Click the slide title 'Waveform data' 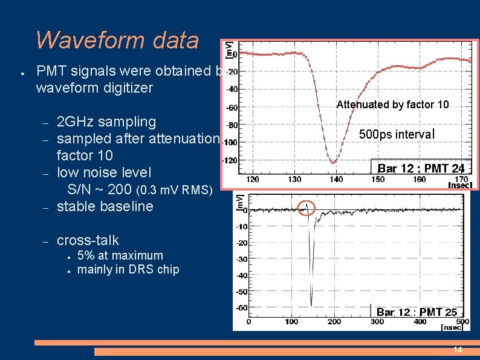click(x=117, y=40)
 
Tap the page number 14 click(x=458, y=350)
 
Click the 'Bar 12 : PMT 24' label click(x=421, y=169)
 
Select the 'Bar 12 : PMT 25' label click(x=417, y=312)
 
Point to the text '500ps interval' click(x=397, y=134)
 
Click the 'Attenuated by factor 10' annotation click(x=392, y=105)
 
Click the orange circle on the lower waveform click(x=307, y=208)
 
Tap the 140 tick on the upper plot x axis click(x=336, y=180)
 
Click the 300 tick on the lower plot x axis click(x=377, y=322)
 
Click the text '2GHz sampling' click(x=106, y=122)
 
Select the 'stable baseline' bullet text click(x=105, y=206)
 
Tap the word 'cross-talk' click(x=88, y=240)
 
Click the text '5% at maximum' click(x=120, y=255)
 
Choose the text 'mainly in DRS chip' click(x=128, y=269)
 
